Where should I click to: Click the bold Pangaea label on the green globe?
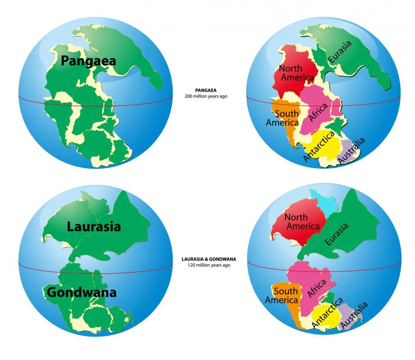click(x=89, y=61)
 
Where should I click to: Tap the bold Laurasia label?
click(x=94, y=226)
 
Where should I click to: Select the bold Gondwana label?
click(x=81, y=292)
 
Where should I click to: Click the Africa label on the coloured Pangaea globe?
click(x=317, y=113)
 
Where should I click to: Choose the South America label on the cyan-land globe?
click(x=282, y=295)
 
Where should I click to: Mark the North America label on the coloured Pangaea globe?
click(x=296, y=73)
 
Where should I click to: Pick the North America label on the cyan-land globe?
click(x=302, y=221)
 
